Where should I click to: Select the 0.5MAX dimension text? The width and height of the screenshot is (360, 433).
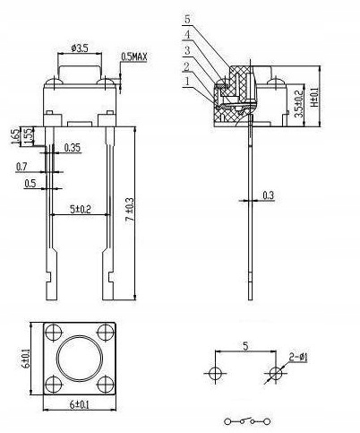(x=135, y=56)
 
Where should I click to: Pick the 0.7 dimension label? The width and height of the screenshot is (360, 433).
(x=21, y=167)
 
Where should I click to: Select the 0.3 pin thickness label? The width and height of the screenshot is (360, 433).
(x=269, y=195)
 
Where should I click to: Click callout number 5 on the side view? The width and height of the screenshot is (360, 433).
(x=187, y=19)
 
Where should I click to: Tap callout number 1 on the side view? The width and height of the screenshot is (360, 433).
(x=187, y=81)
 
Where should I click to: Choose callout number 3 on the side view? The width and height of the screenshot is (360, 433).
(x=187, y=50)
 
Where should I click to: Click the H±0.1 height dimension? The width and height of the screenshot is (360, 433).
(x=314, y=95)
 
